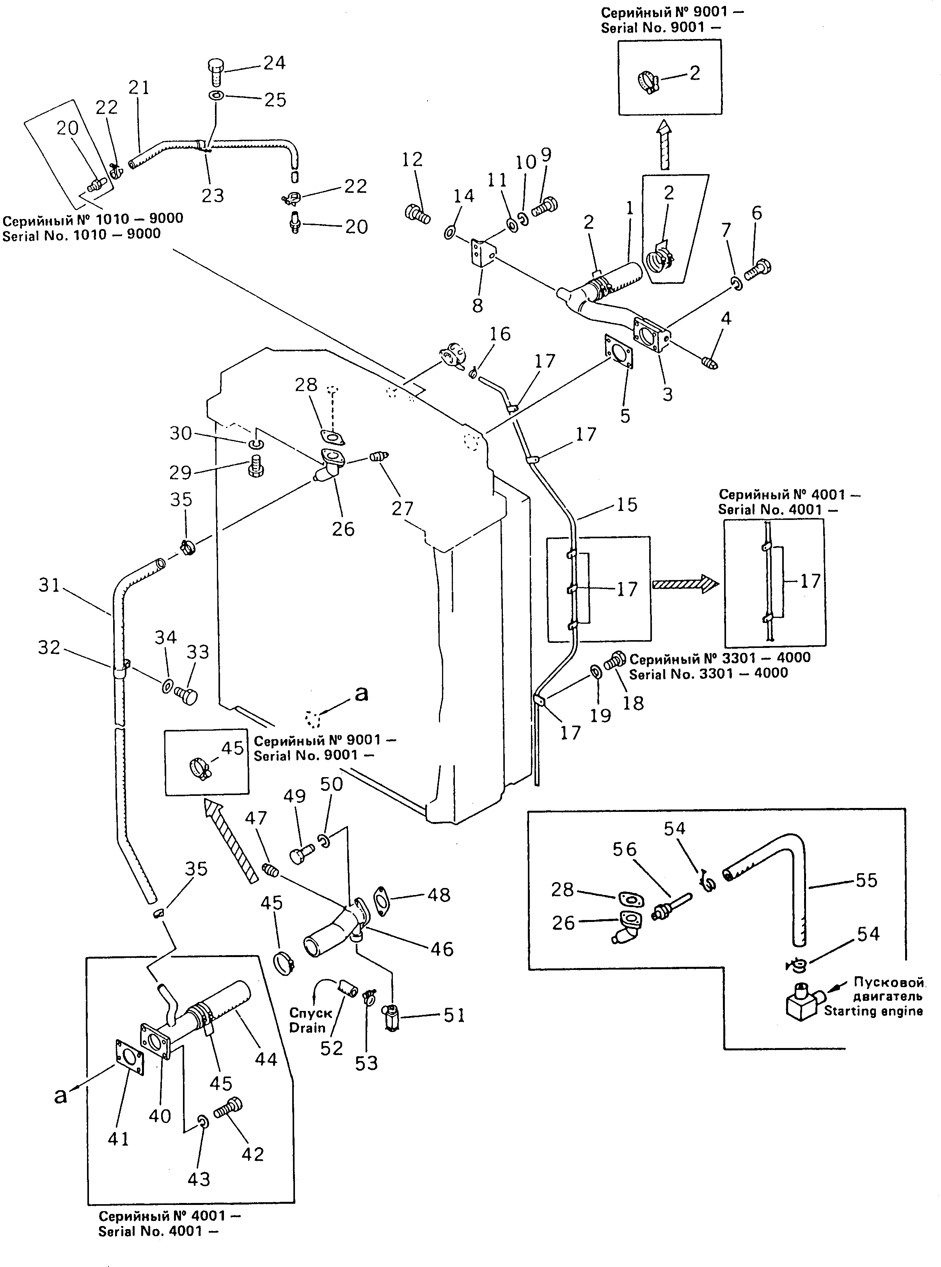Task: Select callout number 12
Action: [412, 160]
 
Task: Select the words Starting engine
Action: [873, 1011]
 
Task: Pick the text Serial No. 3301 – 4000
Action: [708, 673]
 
